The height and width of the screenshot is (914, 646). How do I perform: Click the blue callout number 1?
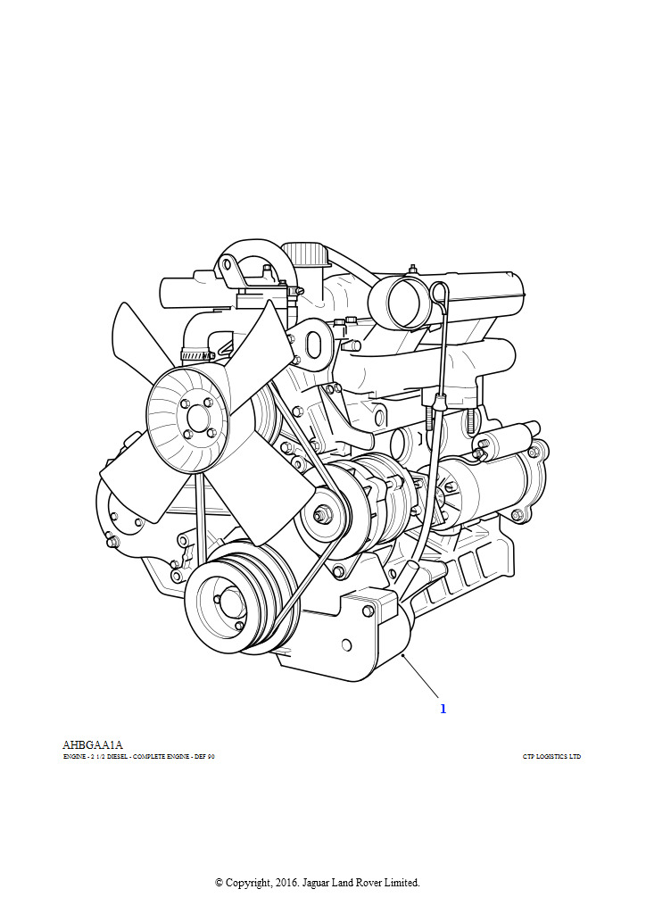click(443, 709)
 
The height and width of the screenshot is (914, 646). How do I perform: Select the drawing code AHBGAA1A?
click(93, 745)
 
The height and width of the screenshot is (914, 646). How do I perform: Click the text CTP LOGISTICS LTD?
click(551, 757)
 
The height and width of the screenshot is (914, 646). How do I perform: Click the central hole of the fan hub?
click(198, 419)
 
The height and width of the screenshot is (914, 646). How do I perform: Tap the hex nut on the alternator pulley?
click(319, 515)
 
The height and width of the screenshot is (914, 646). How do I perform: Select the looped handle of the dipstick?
click(440, 292)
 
